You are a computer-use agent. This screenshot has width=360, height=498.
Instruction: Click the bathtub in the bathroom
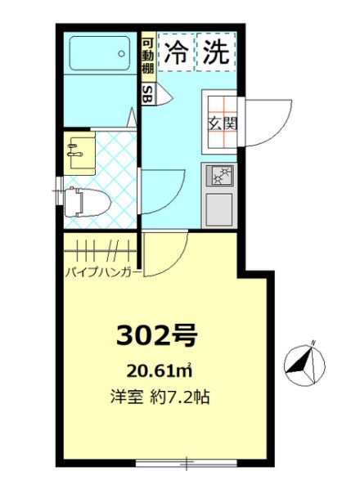pos(100,54)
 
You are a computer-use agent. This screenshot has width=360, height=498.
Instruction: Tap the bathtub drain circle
pos(121,54)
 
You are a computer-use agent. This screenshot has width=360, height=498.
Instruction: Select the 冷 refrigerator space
pos(176,52)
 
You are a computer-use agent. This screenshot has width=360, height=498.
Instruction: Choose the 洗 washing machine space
pos(216,52)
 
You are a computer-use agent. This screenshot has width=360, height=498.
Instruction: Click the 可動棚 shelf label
pos(148,56)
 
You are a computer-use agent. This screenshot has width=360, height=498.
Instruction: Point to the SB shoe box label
pos(148,94)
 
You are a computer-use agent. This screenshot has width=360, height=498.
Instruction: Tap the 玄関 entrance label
pos(223,123)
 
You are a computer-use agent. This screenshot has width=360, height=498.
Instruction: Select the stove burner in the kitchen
pos(220,176)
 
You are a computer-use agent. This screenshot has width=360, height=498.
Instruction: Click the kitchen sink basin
pos(219,209)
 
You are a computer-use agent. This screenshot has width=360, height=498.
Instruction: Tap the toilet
pos(87,202)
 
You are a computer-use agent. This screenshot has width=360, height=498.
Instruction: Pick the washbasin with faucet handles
pos(80,152)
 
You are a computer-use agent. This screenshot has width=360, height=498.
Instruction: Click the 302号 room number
pos(156,336)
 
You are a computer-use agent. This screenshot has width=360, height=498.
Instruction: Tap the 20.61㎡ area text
pos(160,370)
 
